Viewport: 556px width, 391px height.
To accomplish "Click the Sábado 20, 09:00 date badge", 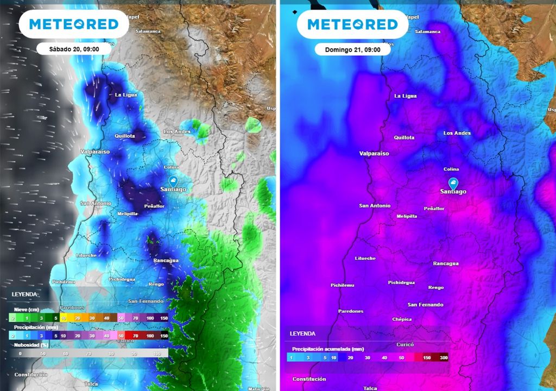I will [73, 49].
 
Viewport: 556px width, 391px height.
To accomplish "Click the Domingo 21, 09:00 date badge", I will [352, 49].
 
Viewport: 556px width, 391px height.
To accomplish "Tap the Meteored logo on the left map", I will [73, 24].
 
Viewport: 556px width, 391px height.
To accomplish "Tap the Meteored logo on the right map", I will [352, 24].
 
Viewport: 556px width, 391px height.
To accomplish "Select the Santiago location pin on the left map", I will [173, 181].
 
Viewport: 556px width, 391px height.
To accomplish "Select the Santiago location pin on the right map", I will [453, 184].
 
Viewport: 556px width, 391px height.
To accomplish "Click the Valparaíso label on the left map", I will [95, 152].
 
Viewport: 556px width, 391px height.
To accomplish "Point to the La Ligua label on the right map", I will [405, 96].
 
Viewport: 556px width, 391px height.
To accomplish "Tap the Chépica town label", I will [402, 319].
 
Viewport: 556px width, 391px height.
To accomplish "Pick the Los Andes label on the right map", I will [457, 133].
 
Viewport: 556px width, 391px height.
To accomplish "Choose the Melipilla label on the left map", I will [128, 213].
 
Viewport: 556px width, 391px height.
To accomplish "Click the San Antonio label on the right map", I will [375, 206].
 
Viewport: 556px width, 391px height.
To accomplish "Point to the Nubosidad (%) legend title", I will [31, 344].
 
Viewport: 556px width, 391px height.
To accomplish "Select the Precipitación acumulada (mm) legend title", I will [328, 349].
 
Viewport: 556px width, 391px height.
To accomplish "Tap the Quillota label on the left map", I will [125, 136].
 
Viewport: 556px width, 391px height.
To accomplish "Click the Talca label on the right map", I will [370, 388].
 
